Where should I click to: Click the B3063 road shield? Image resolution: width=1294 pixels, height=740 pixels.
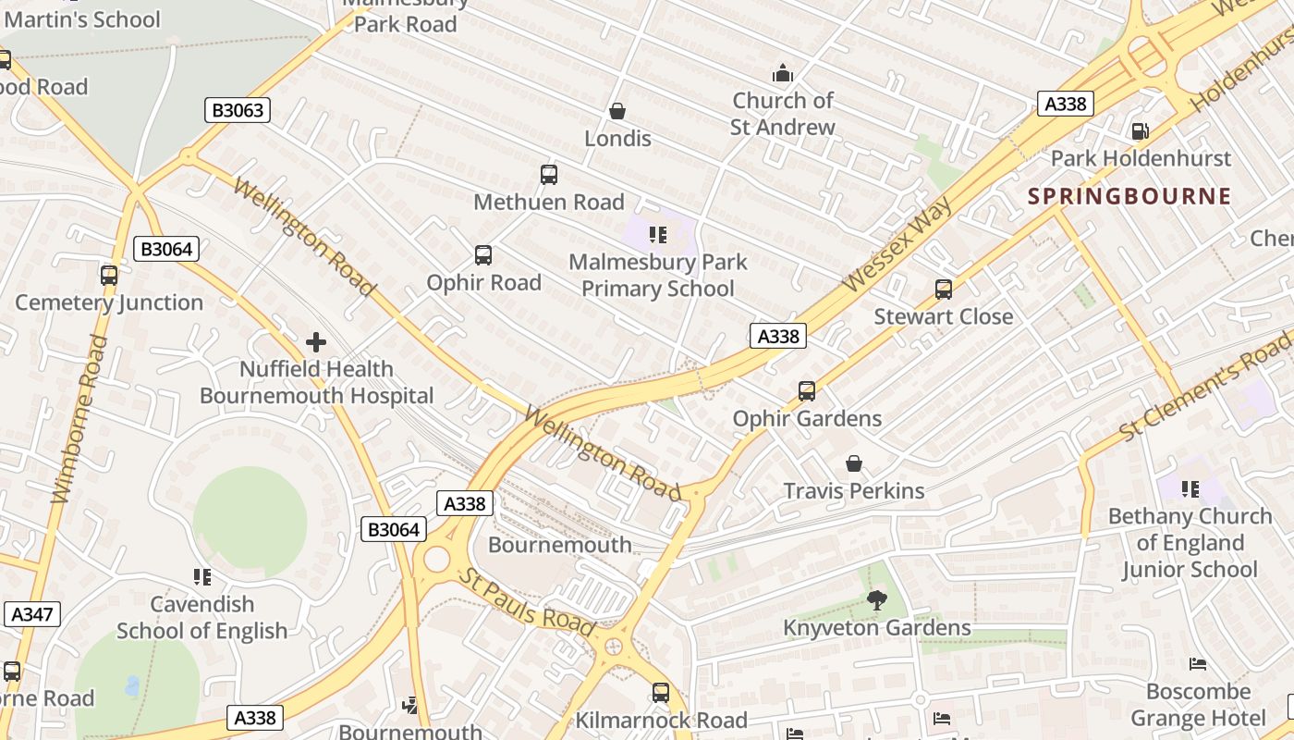pyautogui.click(x=238, y=110)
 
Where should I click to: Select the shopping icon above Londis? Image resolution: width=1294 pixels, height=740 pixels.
pyautogui.click(x=617, y=112)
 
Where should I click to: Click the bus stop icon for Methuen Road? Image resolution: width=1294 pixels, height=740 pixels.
pyautogui.click(x=548, y=174)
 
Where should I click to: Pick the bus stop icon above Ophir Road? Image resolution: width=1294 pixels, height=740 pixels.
pyautogui.click(x=482, y=255)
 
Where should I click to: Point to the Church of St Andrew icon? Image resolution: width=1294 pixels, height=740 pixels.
pyautogui.click(x=783, y=73)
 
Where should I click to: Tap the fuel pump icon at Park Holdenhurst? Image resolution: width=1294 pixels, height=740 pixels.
pyautogui.click(x=1141, y=131)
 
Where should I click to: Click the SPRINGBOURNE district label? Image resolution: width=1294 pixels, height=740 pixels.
pyautogui.click(x=1129, y=196)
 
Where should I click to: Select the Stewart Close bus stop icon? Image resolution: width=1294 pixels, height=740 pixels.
pyautogui.click(x=943, y=290)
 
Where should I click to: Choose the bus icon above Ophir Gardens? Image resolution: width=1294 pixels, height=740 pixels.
pyautogui.click(x=806, y=391)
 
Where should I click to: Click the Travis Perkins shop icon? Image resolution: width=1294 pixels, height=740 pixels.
pyautogui.click(x=853, y=463)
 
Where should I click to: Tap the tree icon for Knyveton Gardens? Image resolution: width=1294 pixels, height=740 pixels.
pyautogui.click(x=876, y=601)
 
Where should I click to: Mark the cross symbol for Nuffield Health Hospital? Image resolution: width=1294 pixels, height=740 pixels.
pyautogui.click(x=316, y=342)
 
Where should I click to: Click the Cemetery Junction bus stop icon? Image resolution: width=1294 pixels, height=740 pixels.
pyautogui.click(x=109, y=276)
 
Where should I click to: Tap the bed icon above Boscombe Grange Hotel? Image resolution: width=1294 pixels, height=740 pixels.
pyautogui.click(x=1197, y=664)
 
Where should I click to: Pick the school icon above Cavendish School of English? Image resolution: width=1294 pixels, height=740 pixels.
pyautogui.click(x=202, y=577)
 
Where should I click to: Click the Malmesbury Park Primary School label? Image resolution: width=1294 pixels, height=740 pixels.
pyautogui.click(x=657, y=275)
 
